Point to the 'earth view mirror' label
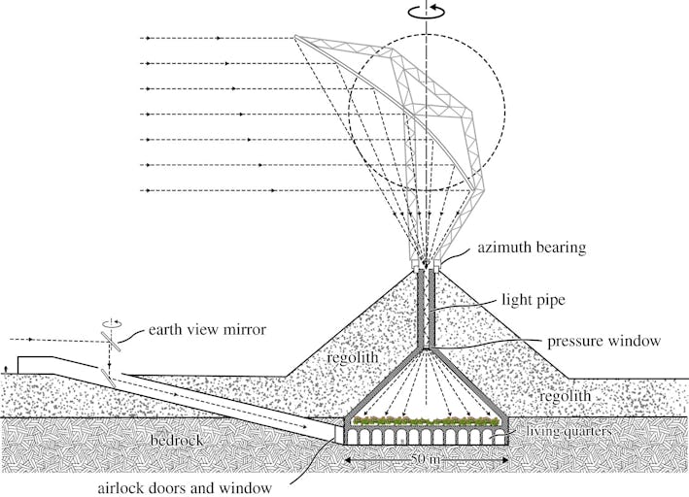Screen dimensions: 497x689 [x=206, y=330]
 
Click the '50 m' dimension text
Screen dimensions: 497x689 [x=424, y=457]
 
